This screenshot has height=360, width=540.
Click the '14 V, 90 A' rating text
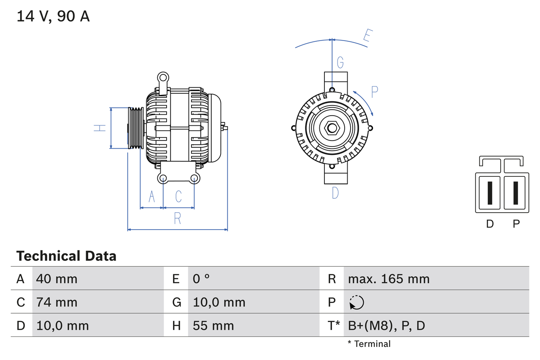click(x=53, y=16)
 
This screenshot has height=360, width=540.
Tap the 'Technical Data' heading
click(x=66, y=256)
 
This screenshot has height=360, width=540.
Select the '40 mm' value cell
click(x=57, y=279)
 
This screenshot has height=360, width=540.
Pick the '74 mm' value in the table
click(x=57, y=302)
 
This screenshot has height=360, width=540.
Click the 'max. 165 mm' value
click(x=389, y=279)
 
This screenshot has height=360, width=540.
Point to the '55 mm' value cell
click(x=213, y=325)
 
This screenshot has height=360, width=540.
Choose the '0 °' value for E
click(x=201, y=279)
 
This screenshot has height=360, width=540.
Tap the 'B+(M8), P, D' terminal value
click(x=386, y=325)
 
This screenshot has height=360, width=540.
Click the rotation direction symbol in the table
click(x=356, y=302)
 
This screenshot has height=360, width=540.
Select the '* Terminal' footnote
click(x=369, y=344)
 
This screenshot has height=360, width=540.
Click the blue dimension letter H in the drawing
click(x=100, y=127)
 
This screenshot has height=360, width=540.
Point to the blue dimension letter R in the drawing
click(x=178, y=218)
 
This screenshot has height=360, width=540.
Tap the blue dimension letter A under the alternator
click(x=152, y=196)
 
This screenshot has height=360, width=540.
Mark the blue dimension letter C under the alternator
click(x=178, y=196)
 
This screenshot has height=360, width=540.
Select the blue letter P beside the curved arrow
click(x=375, y=92)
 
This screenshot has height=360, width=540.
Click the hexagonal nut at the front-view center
click(x=332, y=128)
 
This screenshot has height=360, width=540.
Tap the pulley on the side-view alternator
click(x=136, y=128)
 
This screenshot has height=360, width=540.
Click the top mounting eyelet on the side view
click(x=163, y=77)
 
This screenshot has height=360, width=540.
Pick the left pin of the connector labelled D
click(x=489, y=193)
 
